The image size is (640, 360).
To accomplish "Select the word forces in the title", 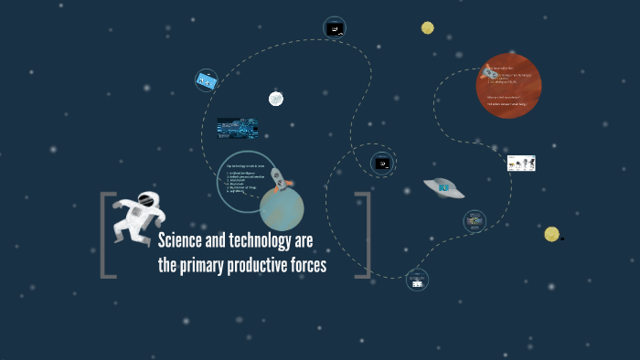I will click(304, 266).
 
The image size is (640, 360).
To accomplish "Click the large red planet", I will click(509, 86).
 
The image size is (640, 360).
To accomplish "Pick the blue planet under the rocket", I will click(281, 209).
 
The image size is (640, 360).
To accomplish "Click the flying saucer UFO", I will click(443, 187).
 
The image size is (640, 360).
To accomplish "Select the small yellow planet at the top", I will click(427, 27).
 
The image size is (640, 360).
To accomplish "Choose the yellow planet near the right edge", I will click(551, 234).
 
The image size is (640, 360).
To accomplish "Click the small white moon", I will click(275, 99).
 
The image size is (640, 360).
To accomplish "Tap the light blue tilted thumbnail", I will click(206, 81).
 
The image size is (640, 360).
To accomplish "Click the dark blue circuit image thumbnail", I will click(237, 127).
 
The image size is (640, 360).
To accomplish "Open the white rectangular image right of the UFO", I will click(521, 163).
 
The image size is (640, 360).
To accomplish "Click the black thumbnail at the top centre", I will click(335, 28).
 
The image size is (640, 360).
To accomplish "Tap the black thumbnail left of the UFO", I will click(383, 164).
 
